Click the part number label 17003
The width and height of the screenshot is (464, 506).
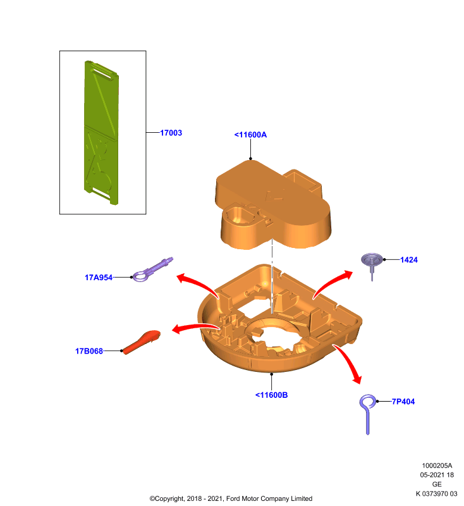pos(171,133)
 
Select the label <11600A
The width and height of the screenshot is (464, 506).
pos(250,135)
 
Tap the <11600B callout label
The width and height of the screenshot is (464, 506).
pos(271,395)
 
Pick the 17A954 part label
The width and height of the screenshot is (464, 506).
pos(99,278)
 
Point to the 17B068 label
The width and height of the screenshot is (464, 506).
pos(89,351)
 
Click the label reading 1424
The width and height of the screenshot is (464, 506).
pos(409,260)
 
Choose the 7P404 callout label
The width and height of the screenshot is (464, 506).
pos(403,402)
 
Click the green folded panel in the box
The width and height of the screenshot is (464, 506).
pos(101,132)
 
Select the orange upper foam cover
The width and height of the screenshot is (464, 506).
pos(273,205)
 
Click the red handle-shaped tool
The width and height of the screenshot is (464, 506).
pos(141,342)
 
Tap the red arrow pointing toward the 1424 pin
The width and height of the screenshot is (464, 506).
pos(331,282)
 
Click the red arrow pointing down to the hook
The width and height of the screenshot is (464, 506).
pos(350,361)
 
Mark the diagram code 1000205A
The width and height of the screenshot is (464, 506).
pos(437,466)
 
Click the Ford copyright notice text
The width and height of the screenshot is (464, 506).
pos(231,498)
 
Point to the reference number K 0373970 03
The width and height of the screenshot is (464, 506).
pos(436,494)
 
